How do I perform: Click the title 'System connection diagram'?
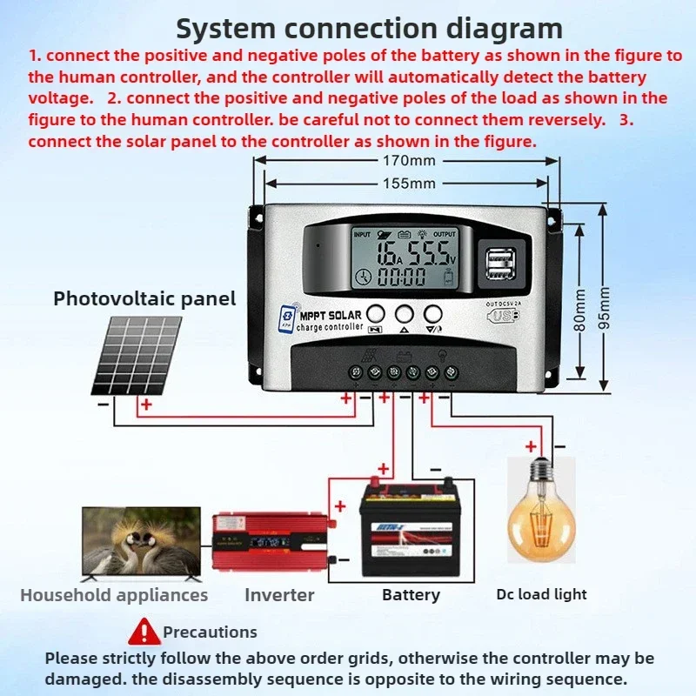click(x=369, y=28)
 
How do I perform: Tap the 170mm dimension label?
click(x=409, y=160)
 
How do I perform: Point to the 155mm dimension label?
click(x=409, y=183)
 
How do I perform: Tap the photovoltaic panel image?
click(x=137, y=355)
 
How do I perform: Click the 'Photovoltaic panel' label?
click(x=144, y=298)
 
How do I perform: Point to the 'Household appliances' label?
click(x=114, y=595)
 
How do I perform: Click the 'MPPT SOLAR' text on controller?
click(x=332, y=314)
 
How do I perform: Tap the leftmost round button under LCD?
click(x=376, y=314)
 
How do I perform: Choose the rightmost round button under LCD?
click(x=433, y=314)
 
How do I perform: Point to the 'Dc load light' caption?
click(x=542, y=594)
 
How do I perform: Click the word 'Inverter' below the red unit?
click(x=279, y=595)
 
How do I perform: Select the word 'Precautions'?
click(x=211, y=632)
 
